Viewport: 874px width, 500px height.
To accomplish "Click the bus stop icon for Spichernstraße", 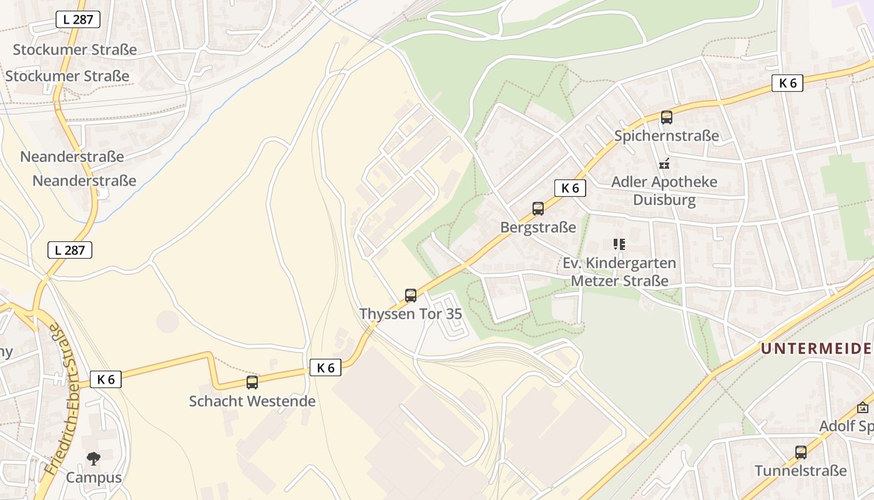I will pyautogui.click(x=667, y=117).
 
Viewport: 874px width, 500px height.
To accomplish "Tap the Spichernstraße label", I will pyautogui.click(x=667, y=136).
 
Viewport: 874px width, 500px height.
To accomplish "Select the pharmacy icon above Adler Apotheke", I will pyautogui.click(x=664, y=164).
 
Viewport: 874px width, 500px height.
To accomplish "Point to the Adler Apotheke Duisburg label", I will pyautogui.click(x=664, y=191).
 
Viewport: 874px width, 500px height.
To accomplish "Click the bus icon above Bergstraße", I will pyautogui.click(x=538, y=209).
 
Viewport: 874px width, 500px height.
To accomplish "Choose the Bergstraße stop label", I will pyautogui.click(x=538, y=227).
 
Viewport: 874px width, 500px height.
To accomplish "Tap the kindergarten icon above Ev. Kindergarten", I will pyautogui.click(x=619, y=244).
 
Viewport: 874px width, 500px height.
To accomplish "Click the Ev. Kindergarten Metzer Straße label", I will pyautogui.click(x=619, y=272).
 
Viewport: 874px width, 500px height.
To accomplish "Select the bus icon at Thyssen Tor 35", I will pyautogui.click(x=411, y=295).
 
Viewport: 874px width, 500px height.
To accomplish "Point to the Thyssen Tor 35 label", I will pyautogui.click(x=411, y=314).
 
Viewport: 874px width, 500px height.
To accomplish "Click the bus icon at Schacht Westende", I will pyautogui.click(x=252, y=382).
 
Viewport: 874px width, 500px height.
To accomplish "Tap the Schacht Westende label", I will pyautogui.click(x=252, y=401).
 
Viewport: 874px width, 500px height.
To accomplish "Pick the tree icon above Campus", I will pyautogui.click(x=94, y=459).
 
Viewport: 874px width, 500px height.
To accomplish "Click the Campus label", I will pyautogui.click(x=94, y=478).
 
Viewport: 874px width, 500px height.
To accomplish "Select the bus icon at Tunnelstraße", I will pyautogui.click(x=801, y=452).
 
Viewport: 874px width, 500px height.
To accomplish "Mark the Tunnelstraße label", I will pyautogui.click(x=801, y=471).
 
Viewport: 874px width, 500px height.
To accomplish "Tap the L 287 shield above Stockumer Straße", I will pyautogui.click(x=78, y=19).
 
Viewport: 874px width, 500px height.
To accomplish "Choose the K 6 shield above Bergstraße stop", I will pyautogui.click(x=570, y=187).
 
